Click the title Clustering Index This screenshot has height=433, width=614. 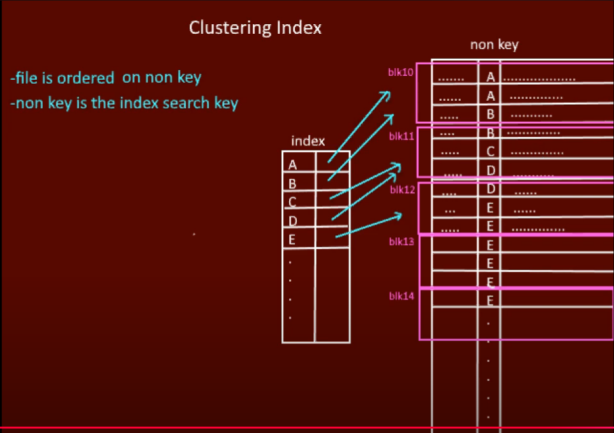(255, 28)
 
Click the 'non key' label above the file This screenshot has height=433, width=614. (494, 45)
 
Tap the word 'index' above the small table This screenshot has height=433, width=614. (308, 141)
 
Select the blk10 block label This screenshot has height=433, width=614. (401, 72)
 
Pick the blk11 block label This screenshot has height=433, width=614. (401, 135)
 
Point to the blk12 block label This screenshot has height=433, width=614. (402, 189)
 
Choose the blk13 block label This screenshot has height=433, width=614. (401, 242)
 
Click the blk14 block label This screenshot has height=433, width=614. (401, 296)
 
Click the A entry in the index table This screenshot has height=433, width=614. (293, 165)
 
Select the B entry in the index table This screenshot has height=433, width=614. (293, 184)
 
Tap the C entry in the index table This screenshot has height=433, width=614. (293, 202)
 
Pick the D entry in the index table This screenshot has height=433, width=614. (293, 221)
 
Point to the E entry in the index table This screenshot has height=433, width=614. (293, 240)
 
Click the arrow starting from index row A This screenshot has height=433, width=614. (359, 126)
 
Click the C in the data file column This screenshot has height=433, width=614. (490, 152)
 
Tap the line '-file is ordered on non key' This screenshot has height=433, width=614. (105, 78)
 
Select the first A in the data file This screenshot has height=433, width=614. (490, 77)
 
